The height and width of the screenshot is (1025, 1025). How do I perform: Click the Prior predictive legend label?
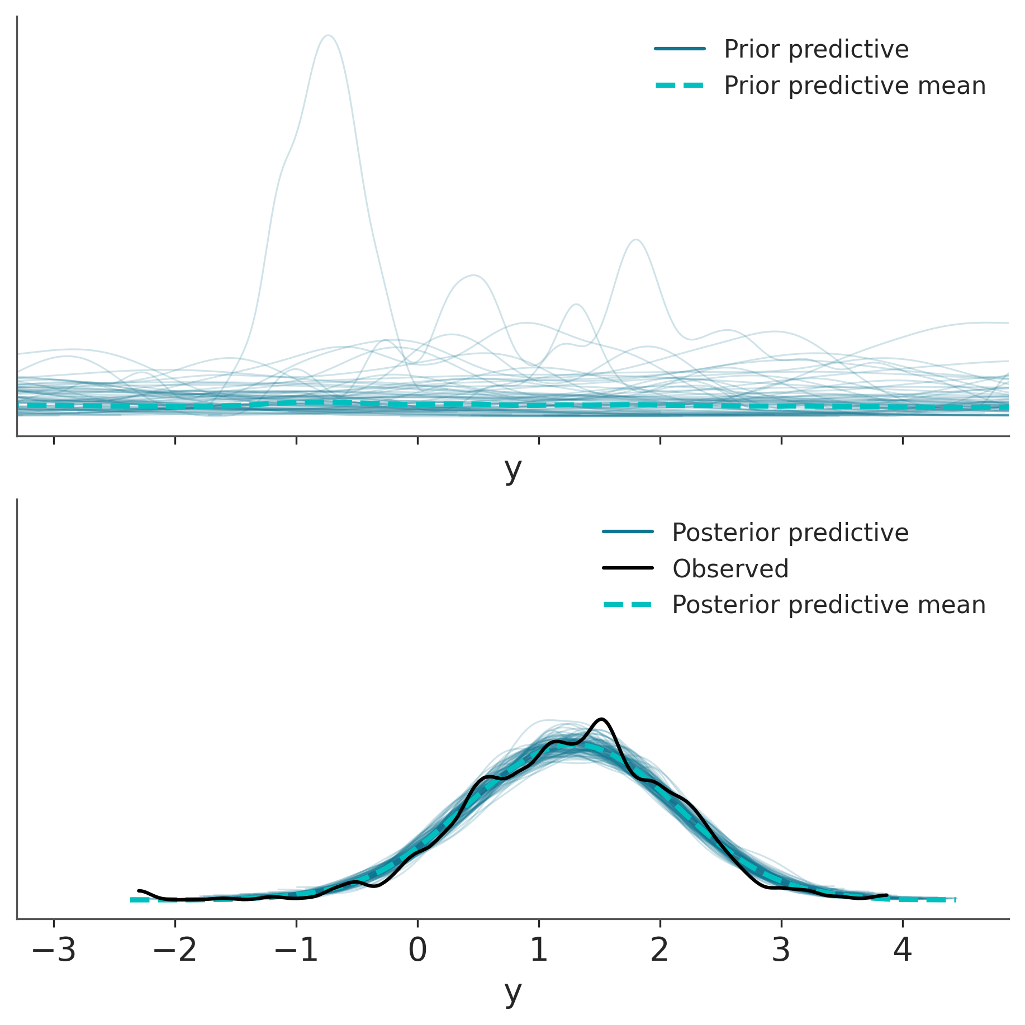(x=816, y=49)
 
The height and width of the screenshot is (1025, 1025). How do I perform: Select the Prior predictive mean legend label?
(x=855, y=86)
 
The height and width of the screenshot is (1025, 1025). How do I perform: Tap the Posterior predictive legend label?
(x=790, y=533)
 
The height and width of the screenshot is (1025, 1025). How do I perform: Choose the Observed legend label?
(x=730, y=569)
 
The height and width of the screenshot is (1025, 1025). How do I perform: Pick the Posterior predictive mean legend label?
(x=828, y=605)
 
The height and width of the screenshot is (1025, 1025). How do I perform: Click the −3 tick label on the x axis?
(x=54, y=950)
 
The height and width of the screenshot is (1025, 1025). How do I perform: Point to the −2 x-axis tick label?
(x=175, y=950)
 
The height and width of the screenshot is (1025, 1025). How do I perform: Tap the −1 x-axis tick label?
(x=296, y=950)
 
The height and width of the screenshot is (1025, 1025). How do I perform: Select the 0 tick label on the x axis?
(x=417, y=950)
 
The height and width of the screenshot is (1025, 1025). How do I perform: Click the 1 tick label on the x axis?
(x=539, y=950)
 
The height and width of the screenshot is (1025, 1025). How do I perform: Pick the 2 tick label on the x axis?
(x=660, y=950)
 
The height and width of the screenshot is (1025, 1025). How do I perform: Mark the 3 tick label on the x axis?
(x=781, y=950)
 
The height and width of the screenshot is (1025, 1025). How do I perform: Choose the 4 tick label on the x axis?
(x=903, y=950)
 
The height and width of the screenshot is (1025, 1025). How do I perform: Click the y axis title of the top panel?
(x=512, y=470)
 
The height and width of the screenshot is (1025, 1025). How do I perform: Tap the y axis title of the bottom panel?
(x=512, y=993)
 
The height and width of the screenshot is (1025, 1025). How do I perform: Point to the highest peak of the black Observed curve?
(x=601, y=719)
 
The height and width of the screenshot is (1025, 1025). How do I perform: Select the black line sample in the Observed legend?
(x=628, y=568)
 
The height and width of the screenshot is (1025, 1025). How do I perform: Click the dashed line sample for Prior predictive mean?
(x=680, y=86)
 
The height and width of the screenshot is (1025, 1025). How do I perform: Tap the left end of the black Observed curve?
(x=139, y=890)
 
